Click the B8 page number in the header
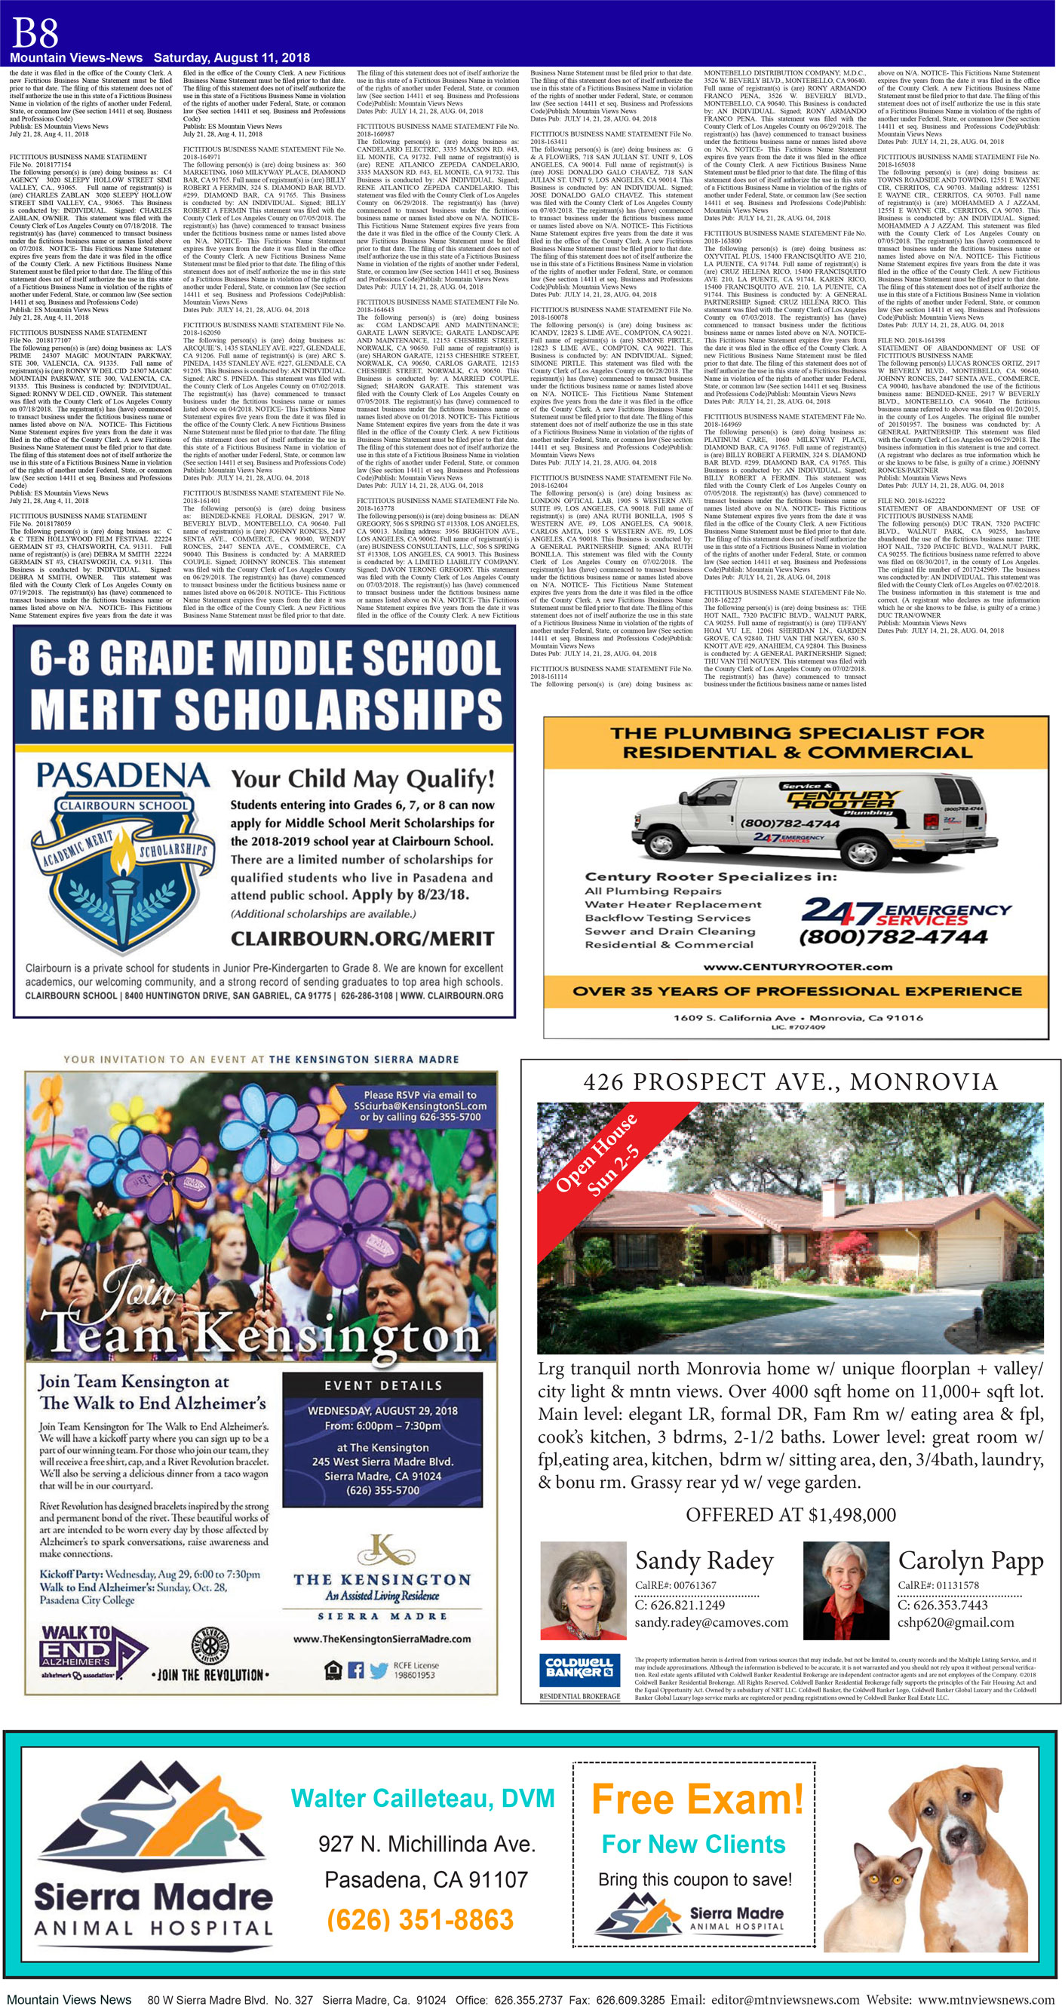pos(35,32)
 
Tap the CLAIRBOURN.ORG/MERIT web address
pos(362,938)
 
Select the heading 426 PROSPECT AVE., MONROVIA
pos(790,1081)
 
